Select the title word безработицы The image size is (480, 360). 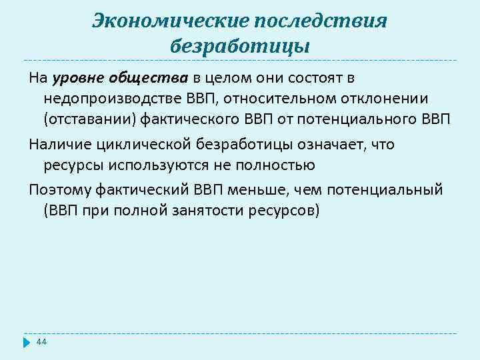(240, 47)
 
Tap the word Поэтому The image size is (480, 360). (58, 189)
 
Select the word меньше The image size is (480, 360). (286, 189)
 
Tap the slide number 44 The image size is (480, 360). (41, 341)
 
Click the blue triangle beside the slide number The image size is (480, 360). (27, 342)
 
